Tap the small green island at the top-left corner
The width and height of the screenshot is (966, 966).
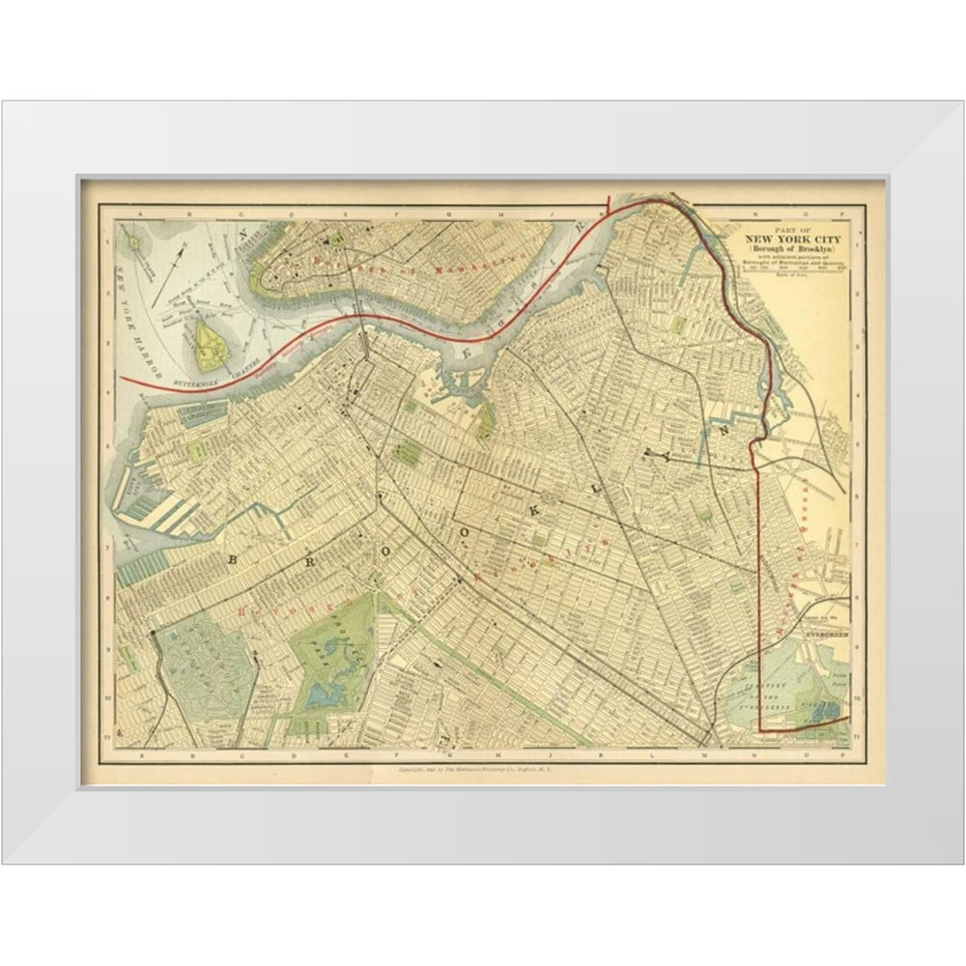coord(137,235)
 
